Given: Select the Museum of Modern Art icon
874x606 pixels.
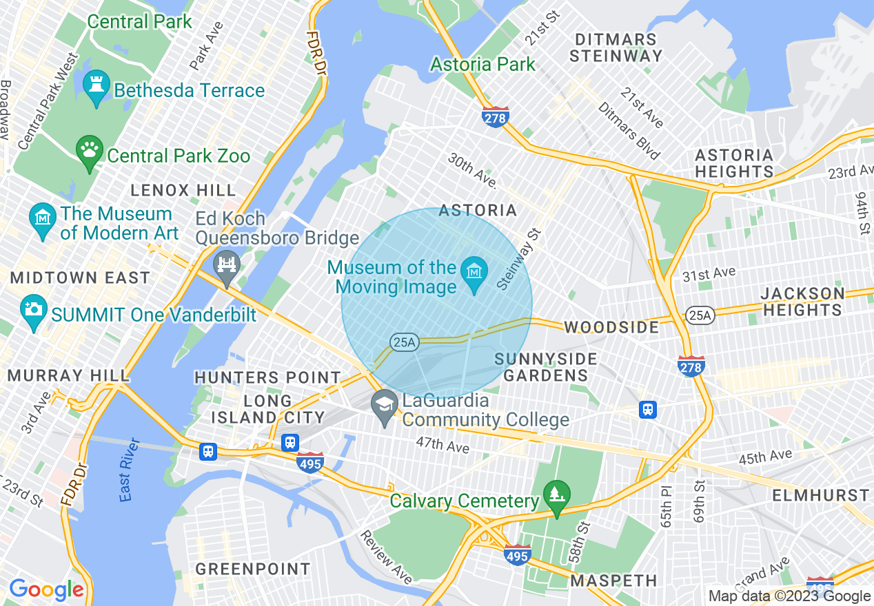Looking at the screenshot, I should (x=43, y=220).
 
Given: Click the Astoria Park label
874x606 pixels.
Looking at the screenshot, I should (x=482, y=65).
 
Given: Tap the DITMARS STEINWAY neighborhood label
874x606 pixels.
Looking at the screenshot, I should (x=616, y=48).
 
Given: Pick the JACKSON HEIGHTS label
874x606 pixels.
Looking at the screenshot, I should (x=802, y=302).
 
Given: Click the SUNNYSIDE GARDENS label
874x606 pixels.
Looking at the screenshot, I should (x=545, y=367).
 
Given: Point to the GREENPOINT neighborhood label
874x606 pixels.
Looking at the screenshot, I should (x=253, y=569).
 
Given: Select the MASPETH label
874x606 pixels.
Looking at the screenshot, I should (x=613, y=581).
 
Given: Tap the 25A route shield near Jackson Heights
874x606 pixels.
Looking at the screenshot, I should (x=697, y=315).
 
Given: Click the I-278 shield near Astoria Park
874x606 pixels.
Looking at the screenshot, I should (x=495, y=117).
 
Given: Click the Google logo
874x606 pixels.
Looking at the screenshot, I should (x=46, y=589).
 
